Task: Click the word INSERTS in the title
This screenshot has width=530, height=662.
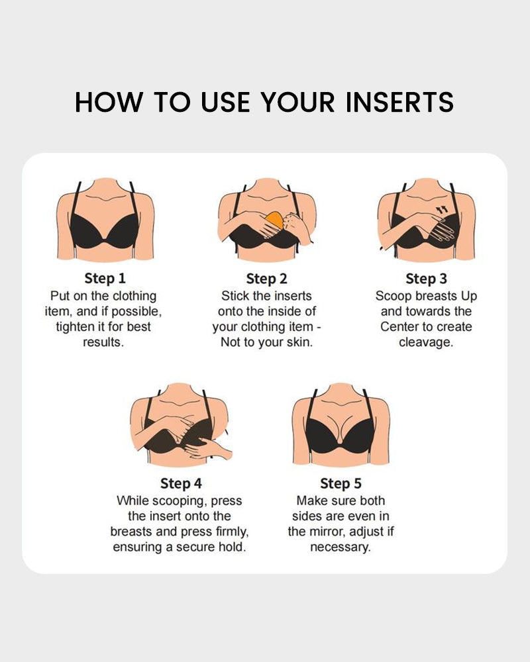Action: pos(400,103)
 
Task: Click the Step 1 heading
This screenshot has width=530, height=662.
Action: pos(105,278)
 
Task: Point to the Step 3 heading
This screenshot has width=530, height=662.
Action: pos(425,278)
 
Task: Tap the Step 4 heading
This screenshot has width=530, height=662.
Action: pos(180,483)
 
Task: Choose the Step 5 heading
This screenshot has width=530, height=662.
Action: pos(341,483)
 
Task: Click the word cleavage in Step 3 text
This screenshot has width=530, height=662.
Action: pos(425,342)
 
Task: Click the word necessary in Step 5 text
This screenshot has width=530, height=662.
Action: pos(341,547)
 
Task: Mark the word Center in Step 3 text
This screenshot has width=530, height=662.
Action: pos(401,327)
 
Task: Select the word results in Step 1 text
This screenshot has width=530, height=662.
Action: pos(103,342)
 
